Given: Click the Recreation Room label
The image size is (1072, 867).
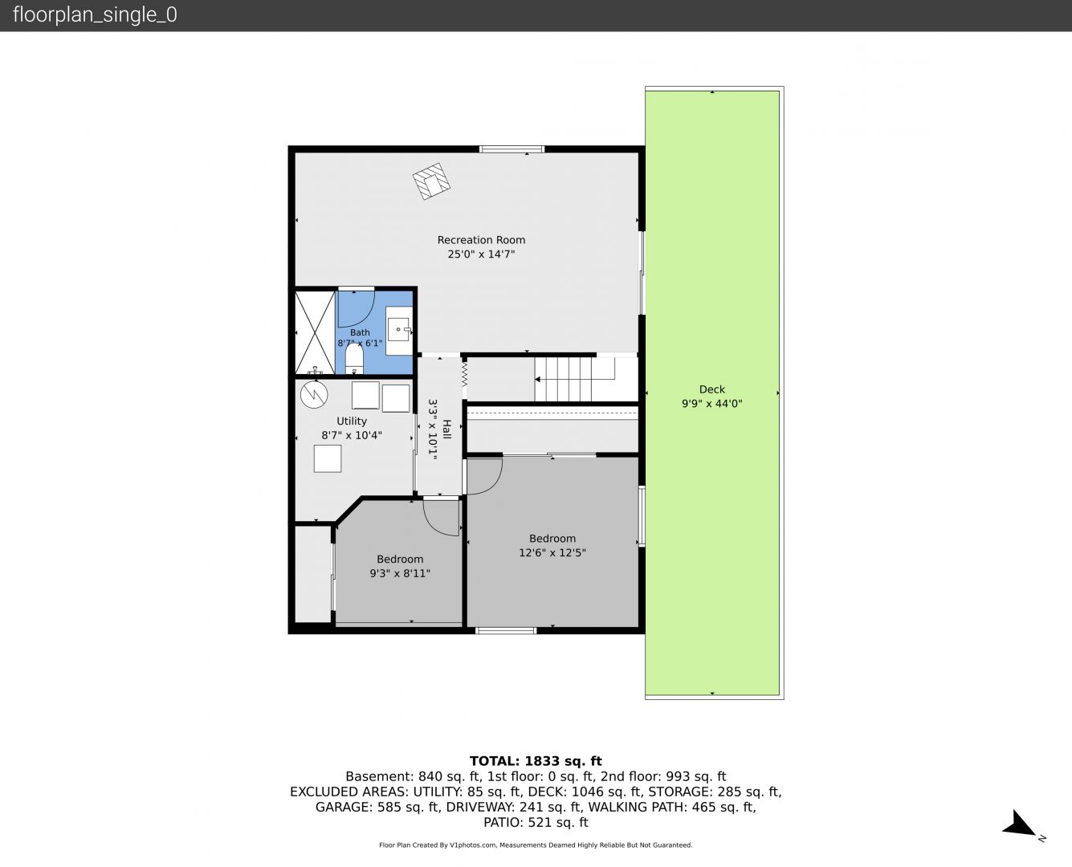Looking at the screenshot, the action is pyautogui.click(x=481, y=240).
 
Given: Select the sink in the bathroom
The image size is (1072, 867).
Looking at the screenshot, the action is pyautogui.click(x=398, y=330).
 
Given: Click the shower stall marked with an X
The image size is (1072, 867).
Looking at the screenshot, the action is pyautogui.click(x=315, y=333).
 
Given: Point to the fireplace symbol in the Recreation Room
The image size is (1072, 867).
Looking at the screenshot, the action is pyautogui.click(x=431, y=181).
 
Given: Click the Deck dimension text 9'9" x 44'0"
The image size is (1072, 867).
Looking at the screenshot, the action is pyautogui.click(x=711, y=404).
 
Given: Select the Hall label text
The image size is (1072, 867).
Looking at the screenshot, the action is pyautogui.click(x=446, y=429).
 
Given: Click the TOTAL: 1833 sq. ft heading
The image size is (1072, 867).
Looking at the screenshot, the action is pyautogui.click(x=536, y=761).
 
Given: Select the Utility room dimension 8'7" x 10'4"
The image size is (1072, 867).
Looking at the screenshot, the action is pyautogui.click(x=352, y=435).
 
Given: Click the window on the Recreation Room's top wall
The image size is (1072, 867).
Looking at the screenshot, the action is pyautogui.click(x=512, y=149).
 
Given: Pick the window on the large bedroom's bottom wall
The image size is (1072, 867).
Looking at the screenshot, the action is pyautogui.click(x=506, y=630).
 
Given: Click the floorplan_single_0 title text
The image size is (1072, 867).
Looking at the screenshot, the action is pyautogui.click(x=95, y=14).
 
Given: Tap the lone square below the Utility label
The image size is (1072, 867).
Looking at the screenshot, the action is pyautogui.click(x=328, y=458).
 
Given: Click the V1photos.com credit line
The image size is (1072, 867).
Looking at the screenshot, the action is pyautogui.click(x=536, y=845).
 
